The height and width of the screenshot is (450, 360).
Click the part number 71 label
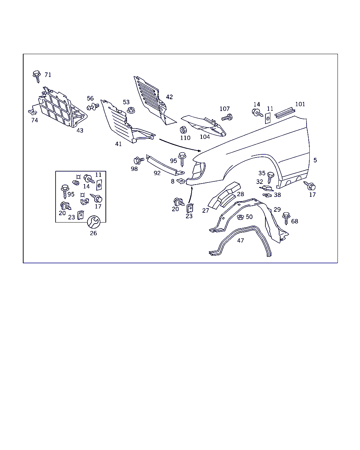coord(48,75)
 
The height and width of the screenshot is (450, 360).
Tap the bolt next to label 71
coord(37,77)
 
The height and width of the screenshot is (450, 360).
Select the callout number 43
coord(80,130)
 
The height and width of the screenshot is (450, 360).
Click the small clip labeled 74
coord(33,112)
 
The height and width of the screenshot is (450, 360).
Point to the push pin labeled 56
coord(93,107)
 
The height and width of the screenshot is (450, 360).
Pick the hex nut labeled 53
coord(131,110)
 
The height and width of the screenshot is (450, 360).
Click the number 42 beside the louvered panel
coord(169,97)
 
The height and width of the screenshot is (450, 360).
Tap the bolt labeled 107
coord(227,117)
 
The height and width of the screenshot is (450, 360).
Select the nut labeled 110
coord(183,130)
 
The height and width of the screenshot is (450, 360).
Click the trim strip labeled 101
coord(285,113)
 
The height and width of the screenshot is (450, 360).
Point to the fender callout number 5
coord(315,160)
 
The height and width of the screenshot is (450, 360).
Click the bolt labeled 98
coord(139,161)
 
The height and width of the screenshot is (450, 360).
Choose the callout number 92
coord(157,173)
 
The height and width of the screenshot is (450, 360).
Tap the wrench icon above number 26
coord(94,222)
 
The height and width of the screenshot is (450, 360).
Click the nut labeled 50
coord(240,217)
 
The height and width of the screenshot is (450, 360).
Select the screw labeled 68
coord(286,218)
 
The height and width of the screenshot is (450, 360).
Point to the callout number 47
coord(240,241)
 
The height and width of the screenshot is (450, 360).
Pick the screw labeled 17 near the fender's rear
coord(310,186)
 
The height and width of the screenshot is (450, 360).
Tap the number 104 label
coord(205,137)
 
